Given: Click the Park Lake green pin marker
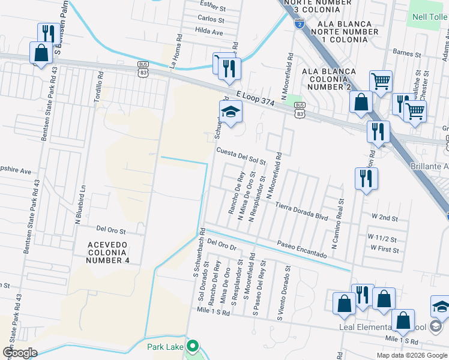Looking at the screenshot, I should (x=192, y=346).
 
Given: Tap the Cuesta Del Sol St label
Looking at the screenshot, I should (x=241, y=157).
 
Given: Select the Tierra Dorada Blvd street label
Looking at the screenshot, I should (x=302, y=211).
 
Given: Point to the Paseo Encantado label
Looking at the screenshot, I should (x=301, y=250).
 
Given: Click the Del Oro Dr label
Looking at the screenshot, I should (x=223, y=245).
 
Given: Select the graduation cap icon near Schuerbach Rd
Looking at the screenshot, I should (x=231, y=111).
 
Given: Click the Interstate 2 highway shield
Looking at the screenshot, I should (x=300, y=23).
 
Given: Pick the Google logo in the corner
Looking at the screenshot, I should (x=20, y=352).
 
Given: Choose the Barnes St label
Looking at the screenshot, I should (x=407, y=53).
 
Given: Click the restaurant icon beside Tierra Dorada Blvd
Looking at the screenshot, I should (x=364, y=178).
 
